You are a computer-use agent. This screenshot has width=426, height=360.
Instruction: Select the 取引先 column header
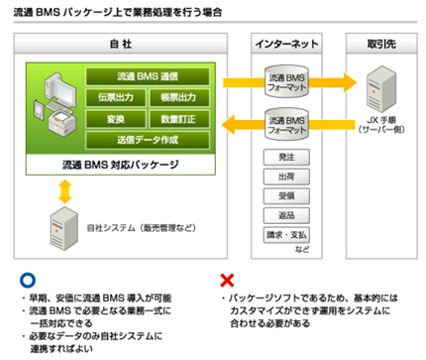pyautogui.click(x=381, y=45)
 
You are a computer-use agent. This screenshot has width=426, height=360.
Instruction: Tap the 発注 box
pyautogui.click(x=286, y=158)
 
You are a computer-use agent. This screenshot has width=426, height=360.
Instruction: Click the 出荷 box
pyautogui.click(x=286, y=179)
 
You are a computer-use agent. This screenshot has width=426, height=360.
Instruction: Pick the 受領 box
pyautogui.click(x=286, y=198)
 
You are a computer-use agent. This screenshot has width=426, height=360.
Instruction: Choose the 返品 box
pyautogui.click(x=286, y=218)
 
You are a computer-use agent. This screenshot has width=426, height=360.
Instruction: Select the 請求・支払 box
pyautogui.click(x=286, y=238)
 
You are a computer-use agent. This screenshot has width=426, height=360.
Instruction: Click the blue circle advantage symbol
pyautogui.click(x=22, y=280)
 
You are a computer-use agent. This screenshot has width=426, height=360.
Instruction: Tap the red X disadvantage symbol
pyautogui.click(x=223, y=280)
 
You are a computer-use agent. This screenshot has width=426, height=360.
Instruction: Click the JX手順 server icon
pyautogui.click(x=381, y=83)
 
